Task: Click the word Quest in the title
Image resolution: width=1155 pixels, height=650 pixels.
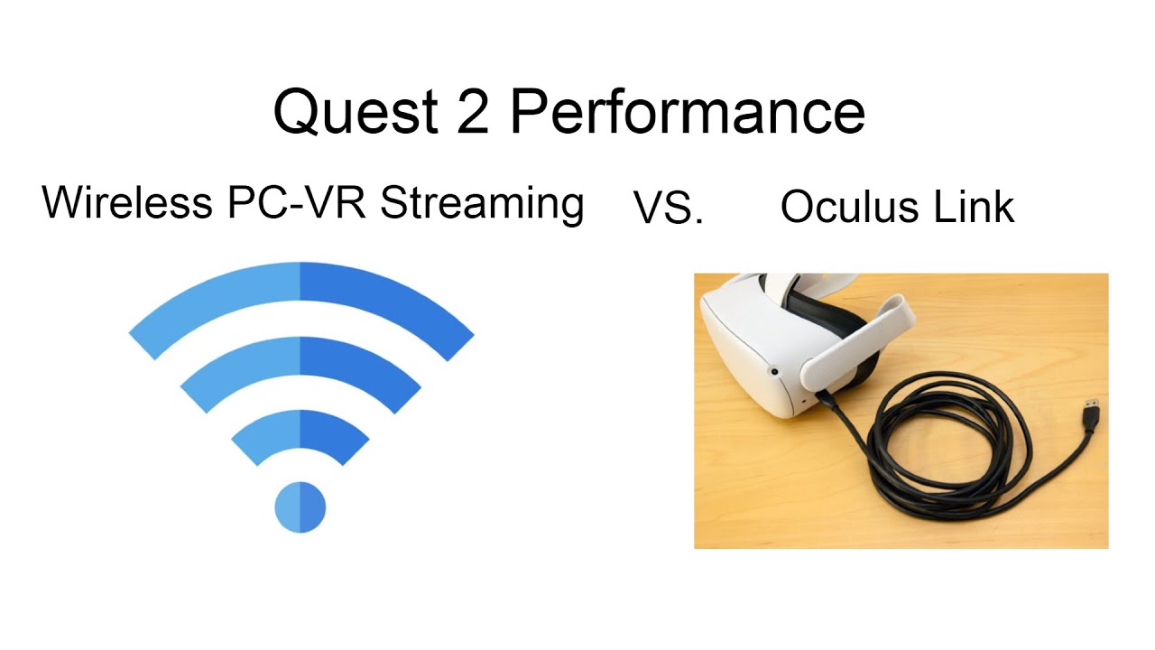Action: click(356, 112)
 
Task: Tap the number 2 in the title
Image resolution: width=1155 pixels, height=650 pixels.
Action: click(473, 111)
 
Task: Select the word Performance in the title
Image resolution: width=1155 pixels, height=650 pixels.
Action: click(688, 111)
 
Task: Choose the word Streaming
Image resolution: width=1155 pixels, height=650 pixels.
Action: click(482, 205)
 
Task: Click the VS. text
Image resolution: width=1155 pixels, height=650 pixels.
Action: click(669, 208)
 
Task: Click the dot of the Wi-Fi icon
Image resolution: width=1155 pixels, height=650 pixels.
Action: click(300, 507)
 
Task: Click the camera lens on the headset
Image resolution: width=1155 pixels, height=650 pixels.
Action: click(774, 371)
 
